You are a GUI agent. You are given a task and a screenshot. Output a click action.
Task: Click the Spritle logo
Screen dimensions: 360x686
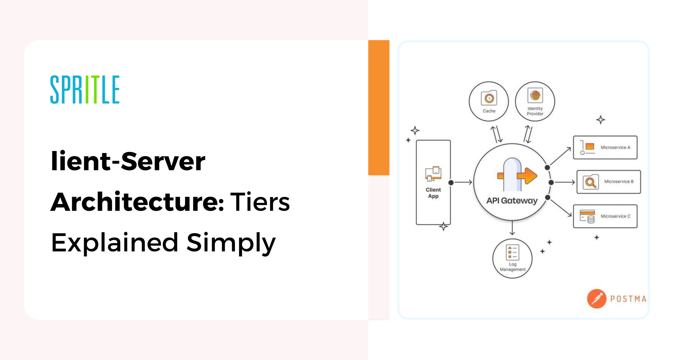pos(85,89)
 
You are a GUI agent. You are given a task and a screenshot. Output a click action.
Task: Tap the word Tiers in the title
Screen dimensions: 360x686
pos(260,202)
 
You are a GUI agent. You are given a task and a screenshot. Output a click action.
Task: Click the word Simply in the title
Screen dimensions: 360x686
pos(231,243)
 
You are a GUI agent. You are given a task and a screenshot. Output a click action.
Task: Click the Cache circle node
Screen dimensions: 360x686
pos(489,101)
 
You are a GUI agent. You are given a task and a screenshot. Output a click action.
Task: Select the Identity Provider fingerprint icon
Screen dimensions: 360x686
pos(535,96)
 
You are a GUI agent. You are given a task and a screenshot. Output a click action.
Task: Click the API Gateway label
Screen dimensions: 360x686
pos(512,201)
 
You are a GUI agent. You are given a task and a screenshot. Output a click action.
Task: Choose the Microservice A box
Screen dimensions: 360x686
pos(605,147)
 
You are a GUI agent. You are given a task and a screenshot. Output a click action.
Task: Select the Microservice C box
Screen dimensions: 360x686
pos(605,216)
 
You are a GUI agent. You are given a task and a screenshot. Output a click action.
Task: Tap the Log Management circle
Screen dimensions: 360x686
pos(512,258)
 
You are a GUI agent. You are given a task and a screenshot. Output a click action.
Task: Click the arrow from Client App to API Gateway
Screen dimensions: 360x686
pos(463,183)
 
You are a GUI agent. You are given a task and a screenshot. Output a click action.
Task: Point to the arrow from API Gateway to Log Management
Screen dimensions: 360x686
pos(512,228)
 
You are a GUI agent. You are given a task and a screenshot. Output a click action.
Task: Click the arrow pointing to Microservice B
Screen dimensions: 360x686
pos(565,183)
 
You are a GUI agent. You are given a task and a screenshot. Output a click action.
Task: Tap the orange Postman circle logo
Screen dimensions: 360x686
pos(597,298)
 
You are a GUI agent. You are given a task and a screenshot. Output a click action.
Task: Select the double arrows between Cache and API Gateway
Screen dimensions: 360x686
pos(496,134)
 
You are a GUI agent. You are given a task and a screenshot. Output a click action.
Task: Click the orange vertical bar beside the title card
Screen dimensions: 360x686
pos(379,107)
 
